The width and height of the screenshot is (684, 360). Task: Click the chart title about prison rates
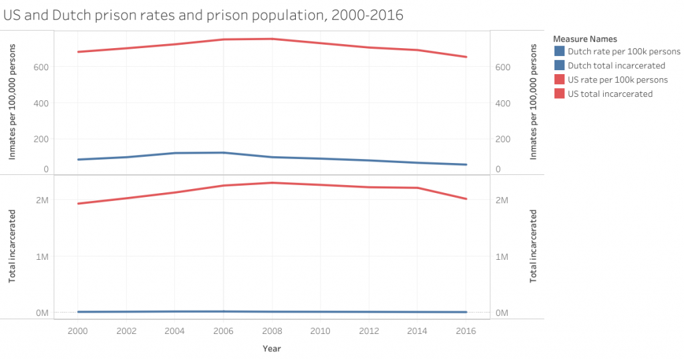coord(203,14)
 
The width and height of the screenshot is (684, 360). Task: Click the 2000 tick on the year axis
coord(77,331)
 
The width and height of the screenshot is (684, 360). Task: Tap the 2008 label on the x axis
coord(272,331)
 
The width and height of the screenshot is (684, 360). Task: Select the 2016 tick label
coord(466,331)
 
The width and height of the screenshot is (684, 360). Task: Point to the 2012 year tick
coord(369,331)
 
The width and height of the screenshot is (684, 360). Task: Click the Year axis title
coord(271,349)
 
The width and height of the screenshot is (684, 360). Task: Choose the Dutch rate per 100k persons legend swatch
coord(559,51)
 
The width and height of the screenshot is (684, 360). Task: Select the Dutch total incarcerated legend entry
coord(616,65)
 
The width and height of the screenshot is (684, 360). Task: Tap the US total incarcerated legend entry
coord(610,94)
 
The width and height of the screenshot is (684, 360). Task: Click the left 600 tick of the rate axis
coord(41,67)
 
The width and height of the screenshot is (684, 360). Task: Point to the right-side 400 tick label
coord(503,104)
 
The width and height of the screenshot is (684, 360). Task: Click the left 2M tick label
coord(41,200)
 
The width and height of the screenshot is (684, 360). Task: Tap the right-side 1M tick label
coord(502,256)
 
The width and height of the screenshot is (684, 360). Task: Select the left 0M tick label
coord(41,313)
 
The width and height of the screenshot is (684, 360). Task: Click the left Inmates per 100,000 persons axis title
coord(12,102)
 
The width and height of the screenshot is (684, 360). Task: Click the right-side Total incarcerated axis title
coord(533,246)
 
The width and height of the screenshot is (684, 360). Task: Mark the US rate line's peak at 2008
coord(272,39)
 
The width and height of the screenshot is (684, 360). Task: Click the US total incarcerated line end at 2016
coord(466,199)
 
